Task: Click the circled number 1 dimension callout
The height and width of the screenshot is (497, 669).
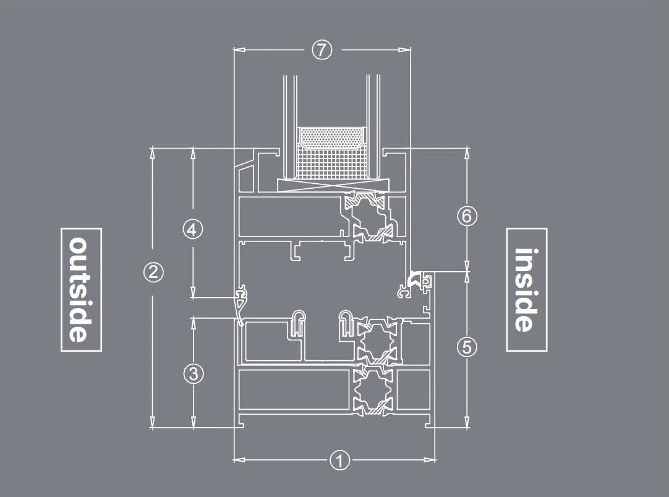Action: [339, 460]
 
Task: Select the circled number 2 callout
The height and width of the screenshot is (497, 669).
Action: [153, 272]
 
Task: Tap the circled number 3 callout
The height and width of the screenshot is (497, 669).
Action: [194, 374]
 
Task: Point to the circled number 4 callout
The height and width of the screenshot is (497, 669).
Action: [192, 230]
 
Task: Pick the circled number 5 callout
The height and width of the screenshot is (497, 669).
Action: [467, 347]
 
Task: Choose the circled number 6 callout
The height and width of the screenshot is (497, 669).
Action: [467, 215]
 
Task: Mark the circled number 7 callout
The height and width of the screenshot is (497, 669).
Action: [322, 50]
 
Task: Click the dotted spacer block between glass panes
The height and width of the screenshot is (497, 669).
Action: [332, 138]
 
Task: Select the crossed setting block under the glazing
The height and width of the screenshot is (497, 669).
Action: [334, 185]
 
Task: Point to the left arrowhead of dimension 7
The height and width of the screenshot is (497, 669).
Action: [239, 50]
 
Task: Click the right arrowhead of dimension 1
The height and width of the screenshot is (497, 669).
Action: [429, 460]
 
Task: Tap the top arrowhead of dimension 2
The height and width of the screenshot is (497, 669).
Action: [153, 153]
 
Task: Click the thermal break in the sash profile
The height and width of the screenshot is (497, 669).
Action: [368, 217]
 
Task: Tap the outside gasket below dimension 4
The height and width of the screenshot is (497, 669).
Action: [241, 305]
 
